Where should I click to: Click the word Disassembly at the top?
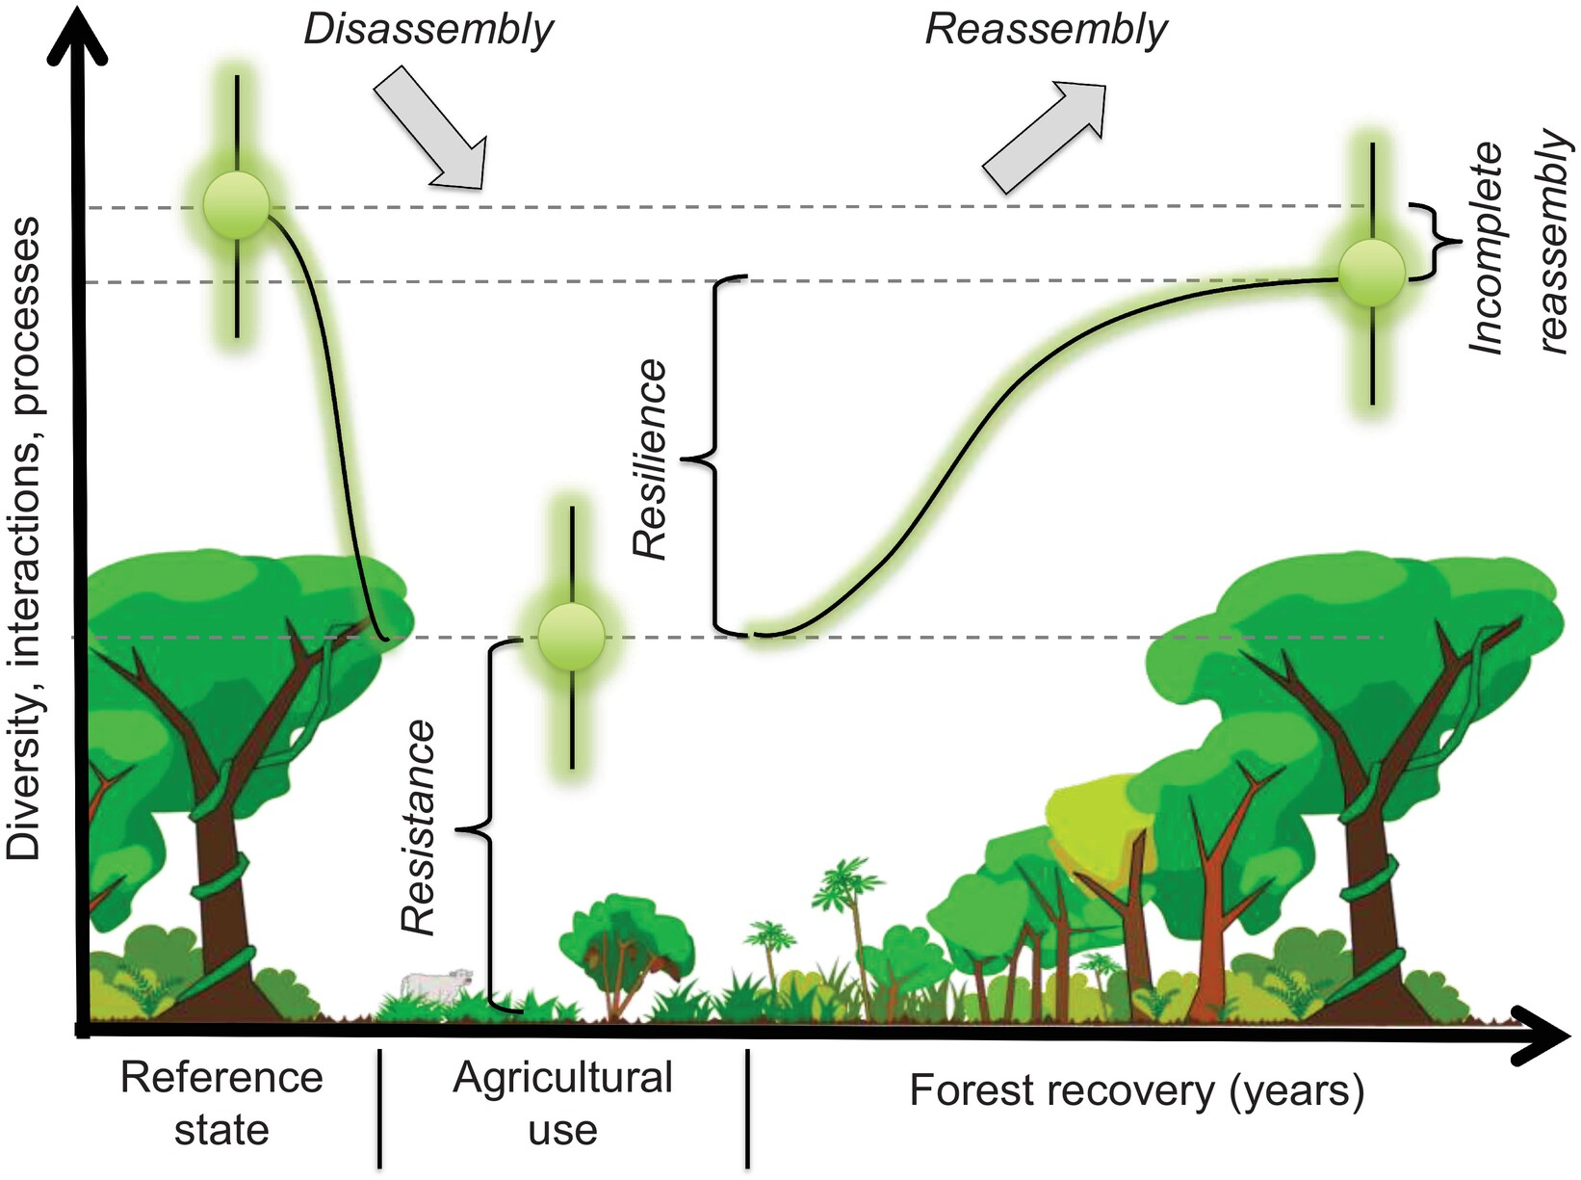(428, 29)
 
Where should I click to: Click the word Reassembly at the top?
(1046, 29)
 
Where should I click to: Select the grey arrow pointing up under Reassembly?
(1044, 136)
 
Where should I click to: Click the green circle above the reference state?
(237, 205)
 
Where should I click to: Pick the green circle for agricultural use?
(572, 637)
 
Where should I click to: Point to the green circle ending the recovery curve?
(1372, 273)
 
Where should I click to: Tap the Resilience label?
(651, 459)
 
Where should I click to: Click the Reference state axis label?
(221, 1103)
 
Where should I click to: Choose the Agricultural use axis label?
(562, 1103)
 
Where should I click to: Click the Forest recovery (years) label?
(1137, 1090)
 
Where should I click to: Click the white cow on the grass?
(436, 983)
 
